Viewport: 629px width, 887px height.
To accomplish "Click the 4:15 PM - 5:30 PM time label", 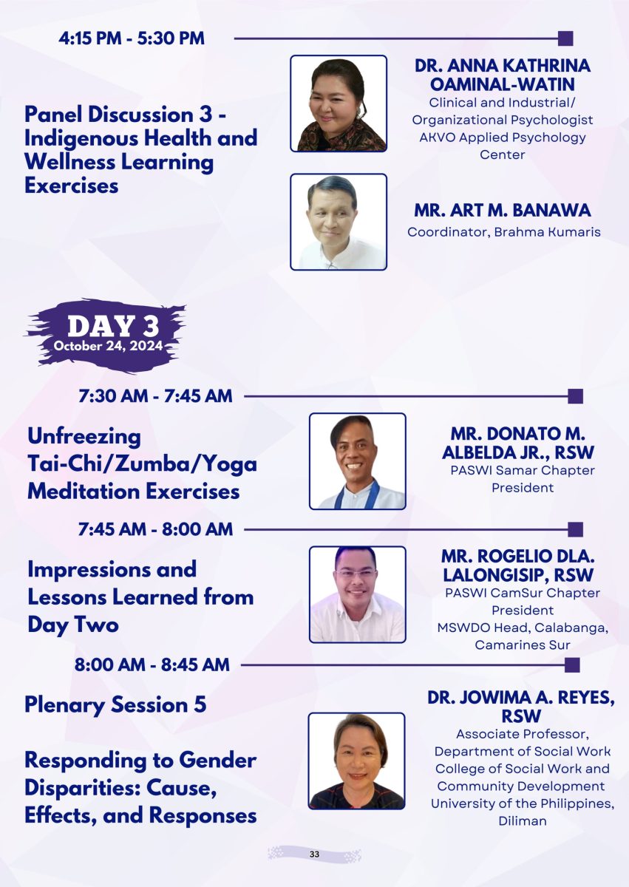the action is [132, 38].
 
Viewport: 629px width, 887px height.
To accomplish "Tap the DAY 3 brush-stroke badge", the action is [106, 336].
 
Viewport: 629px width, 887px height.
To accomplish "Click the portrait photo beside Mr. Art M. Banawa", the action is [339, 222].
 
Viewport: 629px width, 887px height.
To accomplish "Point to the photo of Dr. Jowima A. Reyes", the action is [356, 761].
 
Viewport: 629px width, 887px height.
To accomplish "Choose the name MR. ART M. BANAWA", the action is [503, 210].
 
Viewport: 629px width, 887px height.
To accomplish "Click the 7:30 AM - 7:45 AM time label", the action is [155, 396].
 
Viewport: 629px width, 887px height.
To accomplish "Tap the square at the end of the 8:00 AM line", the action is [572, 665].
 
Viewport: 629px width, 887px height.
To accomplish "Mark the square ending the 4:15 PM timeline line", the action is [565, 38].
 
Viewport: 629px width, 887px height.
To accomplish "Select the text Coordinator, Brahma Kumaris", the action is [504, 231].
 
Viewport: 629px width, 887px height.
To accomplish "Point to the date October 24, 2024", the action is [108, 346].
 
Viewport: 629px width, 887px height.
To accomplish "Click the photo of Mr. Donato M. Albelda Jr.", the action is [358, 461].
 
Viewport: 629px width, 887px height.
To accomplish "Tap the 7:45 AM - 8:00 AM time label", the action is [155, 529].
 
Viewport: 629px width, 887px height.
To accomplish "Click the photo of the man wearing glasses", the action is [358, 594].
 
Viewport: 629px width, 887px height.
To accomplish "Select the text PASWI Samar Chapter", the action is [523, 470].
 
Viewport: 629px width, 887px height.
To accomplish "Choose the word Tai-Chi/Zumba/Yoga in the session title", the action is [142, 464].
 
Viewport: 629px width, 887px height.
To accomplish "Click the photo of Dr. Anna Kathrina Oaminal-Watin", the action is [339, 103].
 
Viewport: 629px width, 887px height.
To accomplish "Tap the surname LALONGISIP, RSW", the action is [518, 575].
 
